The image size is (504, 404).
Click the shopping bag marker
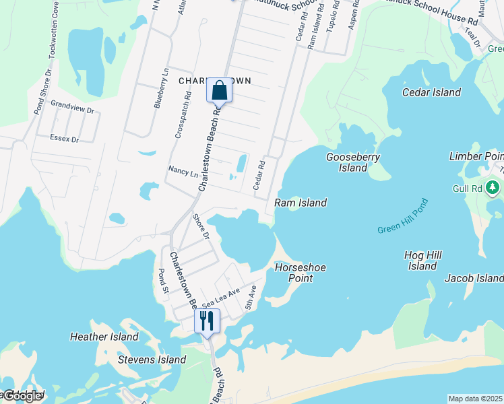(x=219, y=90)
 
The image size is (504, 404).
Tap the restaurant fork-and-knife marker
(x=207, y=321)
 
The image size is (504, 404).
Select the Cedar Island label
(x=431, y=92)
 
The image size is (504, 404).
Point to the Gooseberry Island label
(x=353, y=162)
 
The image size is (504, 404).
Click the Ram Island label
(x=301, y=203)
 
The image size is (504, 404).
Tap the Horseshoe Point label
(x=301, y=272)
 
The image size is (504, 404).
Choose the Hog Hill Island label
(x=422, y=261)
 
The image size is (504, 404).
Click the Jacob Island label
(x=474, y=278)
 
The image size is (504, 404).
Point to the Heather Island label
(x=104, y=337)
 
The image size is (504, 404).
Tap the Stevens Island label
(x=152, y=360)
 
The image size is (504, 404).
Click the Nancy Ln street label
(x=183, y=172)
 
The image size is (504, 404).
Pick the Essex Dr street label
(x=65, y=139)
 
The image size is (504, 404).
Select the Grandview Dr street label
(x=72, y=106)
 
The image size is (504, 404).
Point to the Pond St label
(x=162, y=281)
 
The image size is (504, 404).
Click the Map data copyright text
(x=475, y=399)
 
